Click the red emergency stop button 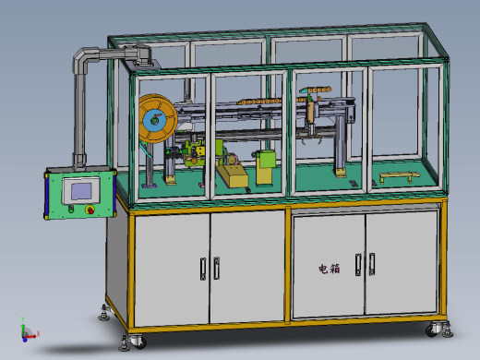[90, 210]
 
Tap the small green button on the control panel [71, 210]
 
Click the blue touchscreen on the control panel [81, 191]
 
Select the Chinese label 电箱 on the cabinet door [330, 269]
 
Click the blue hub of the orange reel [155, 120]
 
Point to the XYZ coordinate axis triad [29, 330]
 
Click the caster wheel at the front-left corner [138, 342]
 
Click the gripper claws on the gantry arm [310, 136]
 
